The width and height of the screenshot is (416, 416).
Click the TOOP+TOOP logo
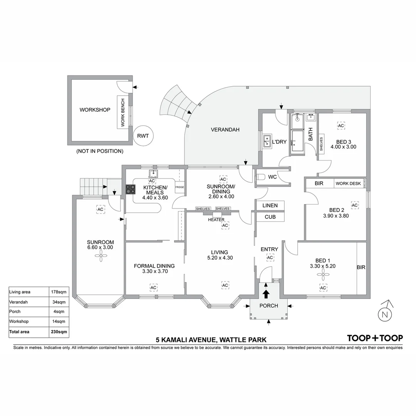pos(375,338)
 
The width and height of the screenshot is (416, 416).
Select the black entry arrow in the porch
pos(266,294)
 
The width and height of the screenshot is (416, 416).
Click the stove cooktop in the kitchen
pos(131,189)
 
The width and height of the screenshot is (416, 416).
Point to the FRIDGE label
pos(179,187)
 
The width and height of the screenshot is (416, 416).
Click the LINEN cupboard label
pos(270,206)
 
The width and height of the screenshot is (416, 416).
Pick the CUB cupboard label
pos(270,217)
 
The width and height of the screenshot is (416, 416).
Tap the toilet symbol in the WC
pos(261,178)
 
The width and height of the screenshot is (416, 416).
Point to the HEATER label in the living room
pos(216,220)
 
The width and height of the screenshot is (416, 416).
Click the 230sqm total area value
pos(59,331)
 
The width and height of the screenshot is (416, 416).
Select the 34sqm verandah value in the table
pos(59,302)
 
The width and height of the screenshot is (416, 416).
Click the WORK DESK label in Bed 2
pos(348,183)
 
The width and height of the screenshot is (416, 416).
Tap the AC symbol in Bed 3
pos(341,126)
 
